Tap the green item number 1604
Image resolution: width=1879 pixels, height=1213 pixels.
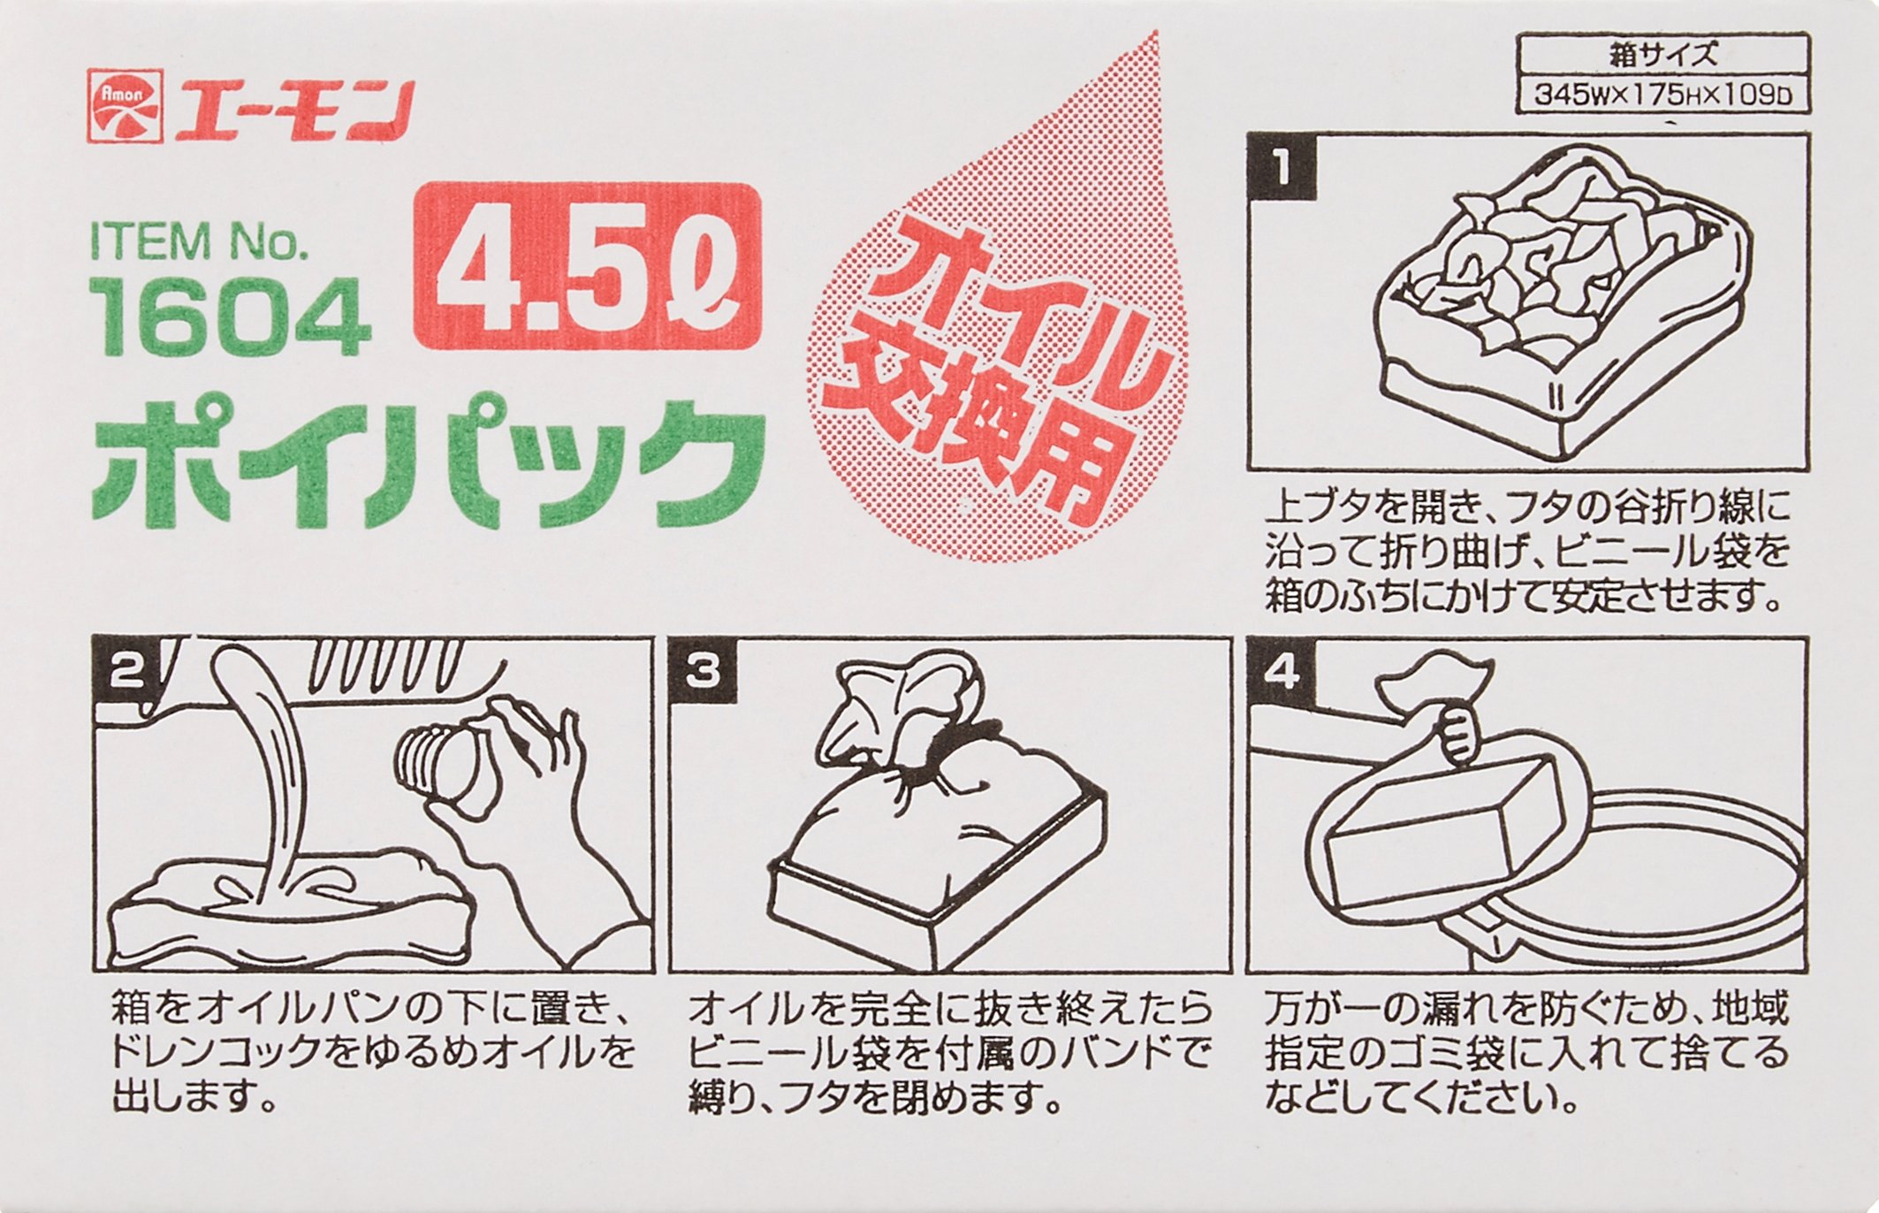tap(231, 316)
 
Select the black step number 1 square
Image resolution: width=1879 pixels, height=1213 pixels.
tap(1282, 166)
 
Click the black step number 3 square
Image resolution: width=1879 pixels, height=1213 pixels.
tap(704, 671)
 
